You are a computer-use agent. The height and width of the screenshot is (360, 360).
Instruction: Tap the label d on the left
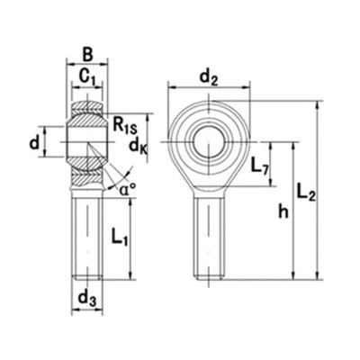33,141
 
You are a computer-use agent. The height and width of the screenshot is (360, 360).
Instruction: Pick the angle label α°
127,189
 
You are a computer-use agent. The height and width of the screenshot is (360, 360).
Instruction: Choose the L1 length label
121,238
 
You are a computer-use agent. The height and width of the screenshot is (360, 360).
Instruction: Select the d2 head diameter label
210,77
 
